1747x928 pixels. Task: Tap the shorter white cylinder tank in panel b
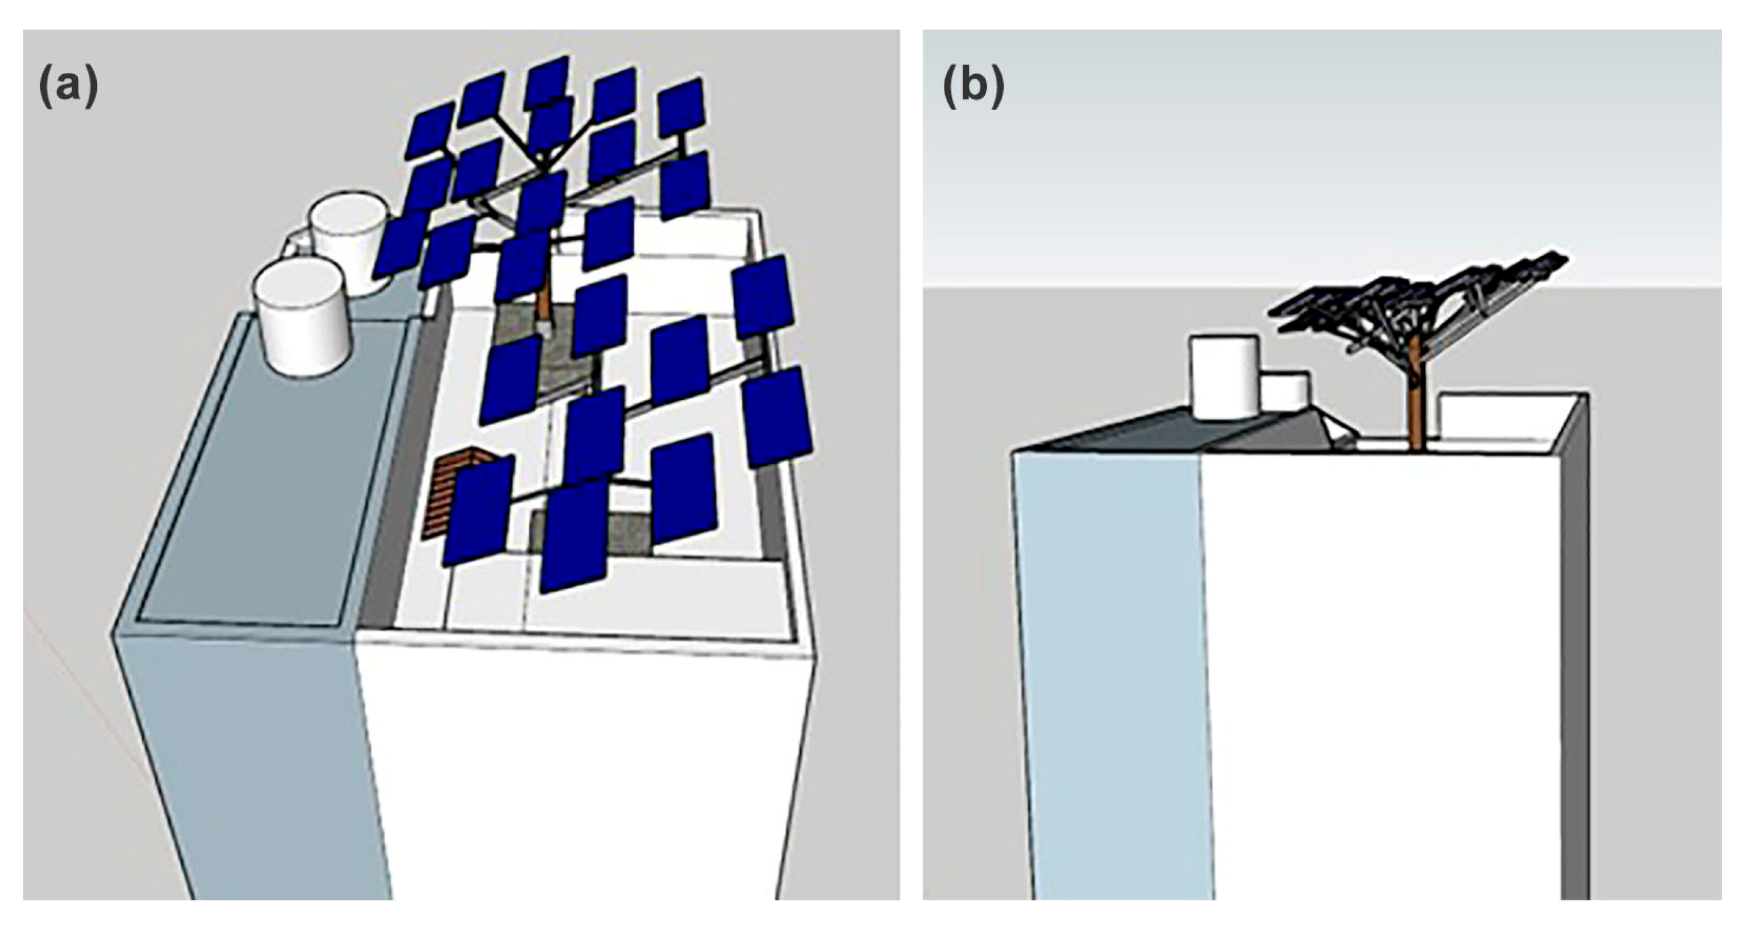(1284, 400)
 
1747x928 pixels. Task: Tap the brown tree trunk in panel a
(543, 298)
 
